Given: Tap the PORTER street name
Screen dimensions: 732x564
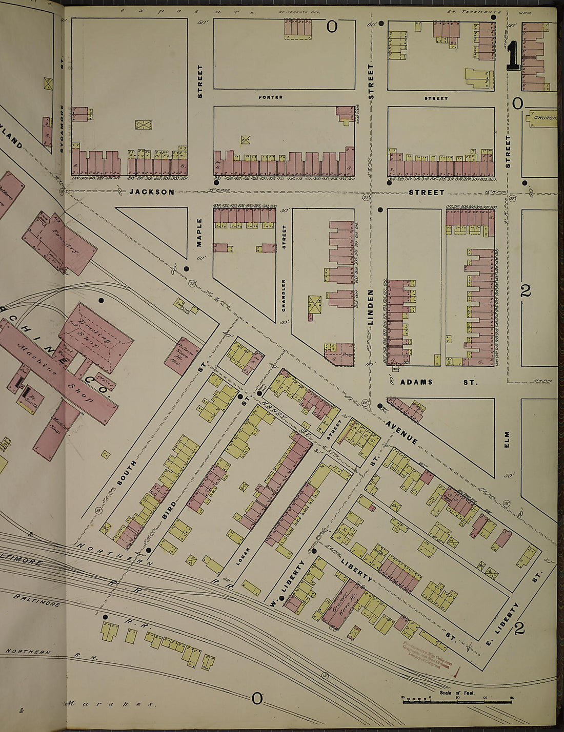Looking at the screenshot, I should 270,97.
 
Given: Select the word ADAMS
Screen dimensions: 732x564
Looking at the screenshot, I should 416,382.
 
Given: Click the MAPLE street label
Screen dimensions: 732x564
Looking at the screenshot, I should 200,233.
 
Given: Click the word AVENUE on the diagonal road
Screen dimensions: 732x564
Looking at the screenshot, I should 401,430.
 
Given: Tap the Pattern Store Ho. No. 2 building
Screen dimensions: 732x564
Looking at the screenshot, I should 182,351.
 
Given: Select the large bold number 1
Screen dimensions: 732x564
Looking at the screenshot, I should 513,56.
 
